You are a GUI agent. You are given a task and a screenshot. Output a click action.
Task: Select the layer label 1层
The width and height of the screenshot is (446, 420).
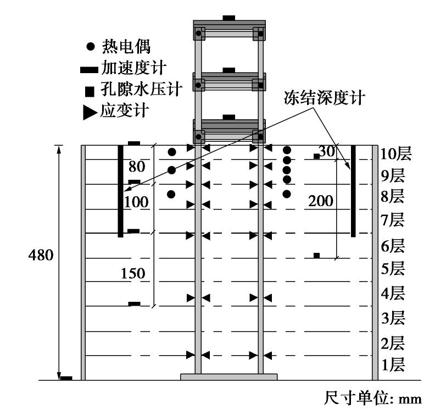tap(393, 364)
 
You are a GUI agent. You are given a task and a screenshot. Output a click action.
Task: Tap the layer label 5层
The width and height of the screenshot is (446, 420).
tap(393, 269)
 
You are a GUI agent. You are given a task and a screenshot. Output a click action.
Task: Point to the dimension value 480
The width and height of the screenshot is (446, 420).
tap(41, 256)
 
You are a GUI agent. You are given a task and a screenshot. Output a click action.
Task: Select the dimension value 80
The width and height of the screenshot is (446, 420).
tap(138, 165)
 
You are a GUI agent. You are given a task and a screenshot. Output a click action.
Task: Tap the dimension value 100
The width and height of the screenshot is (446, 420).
tap(136, 202)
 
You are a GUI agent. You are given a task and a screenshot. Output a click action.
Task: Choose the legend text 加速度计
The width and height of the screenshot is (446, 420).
tap(135, 68)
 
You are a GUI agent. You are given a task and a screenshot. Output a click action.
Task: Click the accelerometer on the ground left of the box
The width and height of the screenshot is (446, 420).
tap(66, 378)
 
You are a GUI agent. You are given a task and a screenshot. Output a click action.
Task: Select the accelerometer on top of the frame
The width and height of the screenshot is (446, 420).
tap(229, 18)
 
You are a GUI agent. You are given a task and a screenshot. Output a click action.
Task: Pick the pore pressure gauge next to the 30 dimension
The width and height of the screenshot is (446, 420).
tap(316, 157)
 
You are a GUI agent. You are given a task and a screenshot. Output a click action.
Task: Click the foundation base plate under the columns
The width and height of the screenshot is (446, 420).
tap(229, 377)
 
